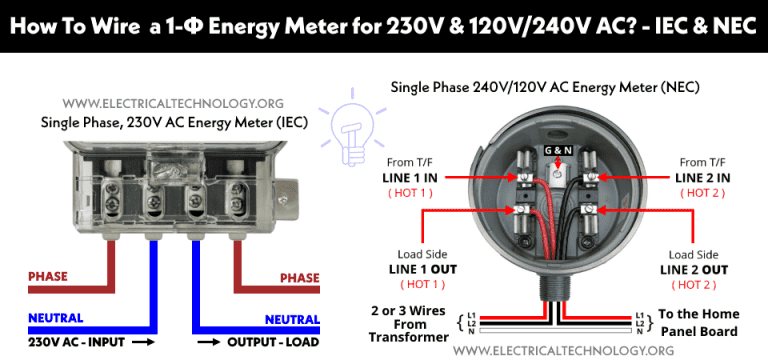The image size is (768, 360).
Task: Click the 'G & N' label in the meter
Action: click(557, 151)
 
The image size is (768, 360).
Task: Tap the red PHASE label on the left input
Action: click(48, 277)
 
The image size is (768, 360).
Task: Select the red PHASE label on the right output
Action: click(299, 277)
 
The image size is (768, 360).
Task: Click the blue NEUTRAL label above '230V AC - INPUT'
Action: click(57, 319)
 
